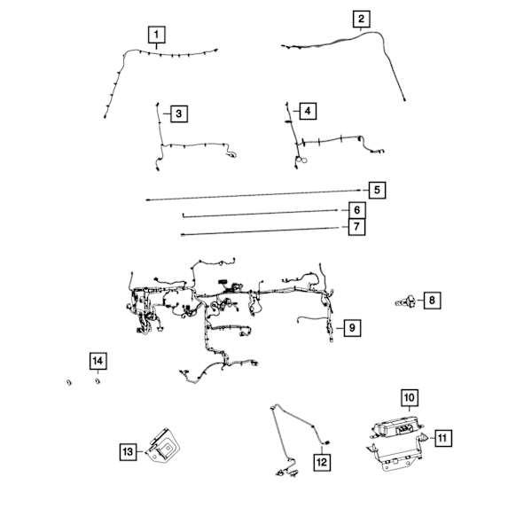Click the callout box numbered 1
[156, 35]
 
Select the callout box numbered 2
[362, 20]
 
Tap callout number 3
[179, 113]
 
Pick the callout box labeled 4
[308, 111]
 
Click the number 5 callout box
[377, 191]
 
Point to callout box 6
[357, 210]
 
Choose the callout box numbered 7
[356, 227]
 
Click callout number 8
[432, 301]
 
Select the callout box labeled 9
[352, 328]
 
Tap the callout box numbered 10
[410, 397]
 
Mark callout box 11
[443, 438]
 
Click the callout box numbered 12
[322, 462]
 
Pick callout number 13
[128, 452]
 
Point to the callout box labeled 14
[98, 361]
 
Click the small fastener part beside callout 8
[405, 301]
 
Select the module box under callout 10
[396, 427]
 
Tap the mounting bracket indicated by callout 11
[398, 453]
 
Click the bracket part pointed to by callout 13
[164, 446]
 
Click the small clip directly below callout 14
[98, 381]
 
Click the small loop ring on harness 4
[304, 160]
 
